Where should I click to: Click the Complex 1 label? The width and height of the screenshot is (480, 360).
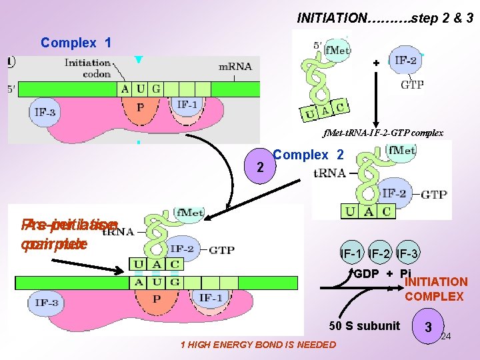(75, 43)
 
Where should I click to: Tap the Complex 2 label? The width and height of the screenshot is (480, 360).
(308, 155)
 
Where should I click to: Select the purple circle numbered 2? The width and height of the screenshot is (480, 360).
(260, 167)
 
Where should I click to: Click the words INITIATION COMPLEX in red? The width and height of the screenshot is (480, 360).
(434, 289)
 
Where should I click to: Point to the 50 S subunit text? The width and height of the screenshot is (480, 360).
(365, 325)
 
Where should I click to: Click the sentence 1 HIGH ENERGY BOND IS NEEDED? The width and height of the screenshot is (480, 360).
(258, 345)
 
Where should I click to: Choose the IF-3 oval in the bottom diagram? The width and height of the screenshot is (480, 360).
(47, 303)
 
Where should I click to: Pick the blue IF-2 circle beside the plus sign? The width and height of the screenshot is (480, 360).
(404, 60)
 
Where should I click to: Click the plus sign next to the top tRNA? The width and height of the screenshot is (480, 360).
(376, 62)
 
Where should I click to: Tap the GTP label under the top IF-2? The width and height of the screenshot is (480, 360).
(411, 85)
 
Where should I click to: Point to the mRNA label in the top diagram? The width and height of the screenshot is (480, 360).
(235, 67)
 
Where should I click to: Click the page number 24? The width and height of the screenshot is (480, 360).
(446, 336)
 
